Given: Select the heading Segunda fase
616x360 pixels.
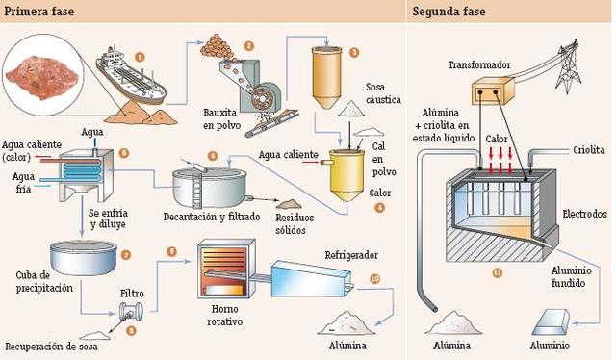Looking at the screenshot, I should coord(449,12).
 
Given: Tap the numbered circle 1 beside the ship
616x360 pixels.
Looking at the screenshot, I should coord(141,57).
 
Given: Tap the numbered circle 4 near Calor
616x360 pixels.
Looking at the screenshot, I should coord(379,207).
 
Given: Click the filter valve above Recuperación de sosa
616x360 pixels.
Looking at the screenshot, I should coord(130,310).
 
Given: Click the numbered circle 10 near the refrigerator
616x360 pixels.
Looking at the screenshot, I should coord(374,278).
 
